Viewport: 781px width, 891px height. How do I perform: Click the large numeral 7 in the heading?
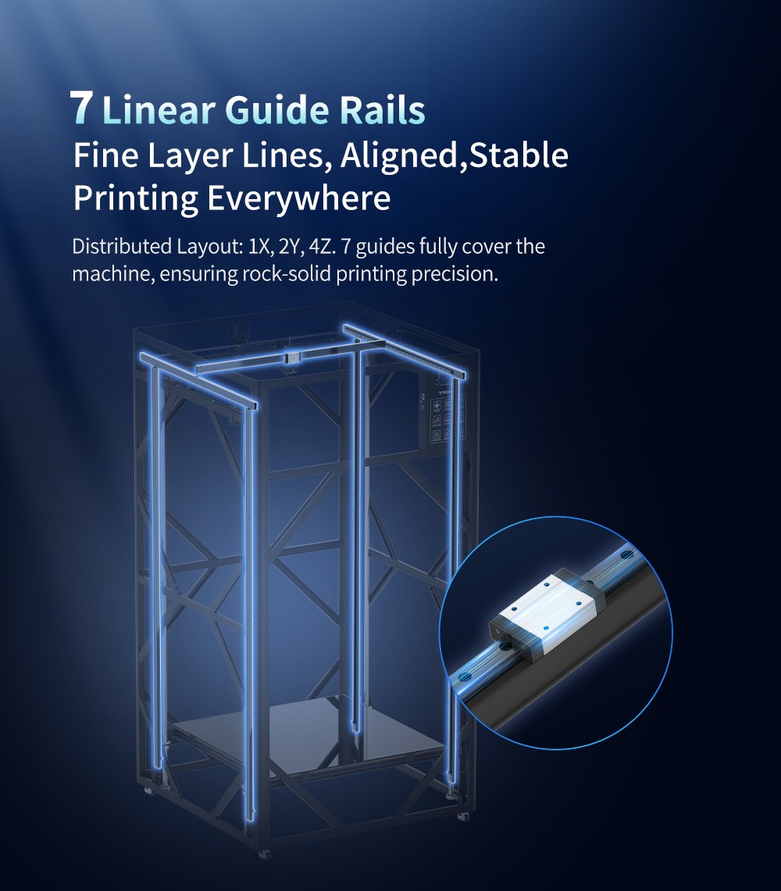point(81,108)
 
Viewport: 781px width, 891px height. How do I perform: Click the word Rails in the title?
point(383,109)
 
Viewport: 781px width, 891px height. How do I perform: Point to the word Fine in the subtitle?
point(105,155)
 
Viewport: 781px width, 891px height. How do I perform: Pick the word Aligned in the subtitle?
point(398,157)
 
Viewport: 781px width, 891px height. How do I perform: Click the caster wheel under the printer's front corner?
point(264,854)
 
